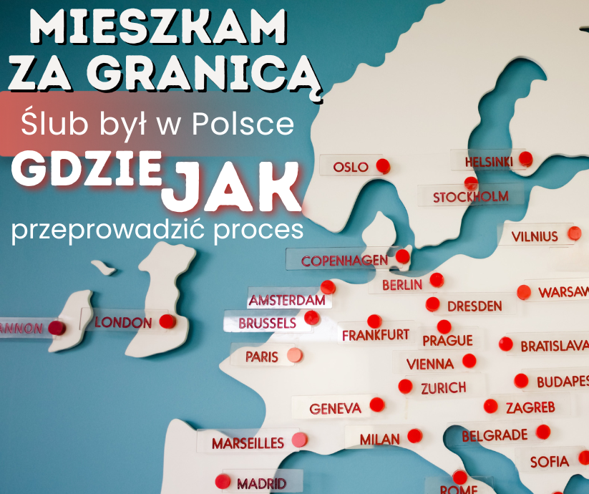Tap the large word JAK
pos(231,184)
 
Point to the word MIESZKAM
pos(159,29)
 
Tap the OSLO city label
pos(351,168)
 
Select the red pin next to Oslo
pos(383,166)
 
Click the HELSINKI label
pos(489,162)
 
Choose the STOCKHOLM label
pos(471,196)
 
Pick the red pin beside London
pos(167,321)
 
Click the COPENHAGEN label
pos(344,261)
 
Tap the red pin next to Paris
pos(294,355)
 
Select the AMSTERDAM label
pos(286,299)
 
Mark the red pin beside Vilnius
pos(574,233)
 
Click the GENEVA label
pos(336,409)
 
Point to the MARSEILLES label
pos(248,444)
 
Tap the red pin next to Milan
pos(414,436)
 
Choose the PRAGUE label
pos(447,340)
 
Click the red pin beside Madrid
pos(223,480)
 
